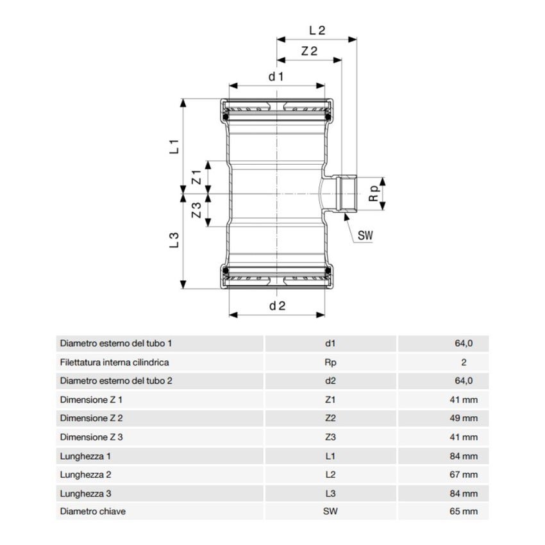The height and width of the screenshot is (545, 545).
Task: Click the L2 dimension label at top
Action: coord(317,31)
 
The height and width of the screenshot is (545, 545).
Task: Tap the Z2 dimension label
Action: coord(309,51)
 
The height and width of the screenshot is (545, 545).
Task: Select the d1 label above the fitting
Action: coord(276,76)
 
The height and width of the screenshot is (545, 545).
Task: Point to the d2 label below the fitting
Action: coord(278,306)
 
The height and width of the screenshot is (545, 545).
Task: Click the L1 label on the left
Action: coord(174,146)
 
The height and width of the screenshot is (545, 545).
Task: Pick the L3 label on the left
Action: coord(174,240)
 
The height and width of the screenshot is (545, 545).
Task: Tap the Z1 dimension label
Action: coord(197,177)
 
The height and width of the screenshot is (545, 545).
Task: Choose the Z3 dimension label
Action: coord(197,210)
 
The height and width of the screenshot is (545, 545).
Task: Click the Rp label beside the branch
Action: coord(374,193)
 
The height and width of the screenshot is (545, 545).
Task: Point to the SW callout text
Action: coord(365,236)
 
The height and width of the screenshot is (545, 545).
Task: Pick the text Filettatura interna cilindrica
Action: coord(114,362)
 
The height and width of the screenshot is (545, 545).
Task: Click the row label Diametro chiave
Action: coord(93,511)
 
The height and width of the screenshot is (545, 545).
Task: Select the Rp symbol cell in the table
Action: coord(330,362)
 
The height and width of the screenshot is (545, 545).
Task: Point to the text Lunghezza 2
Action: coord(85,474)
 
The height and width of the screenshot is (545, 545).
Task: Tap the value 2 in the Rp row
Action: coord(464,362)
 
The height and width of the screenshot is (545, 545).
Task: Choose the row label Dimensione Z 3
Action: coord(92,437)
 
